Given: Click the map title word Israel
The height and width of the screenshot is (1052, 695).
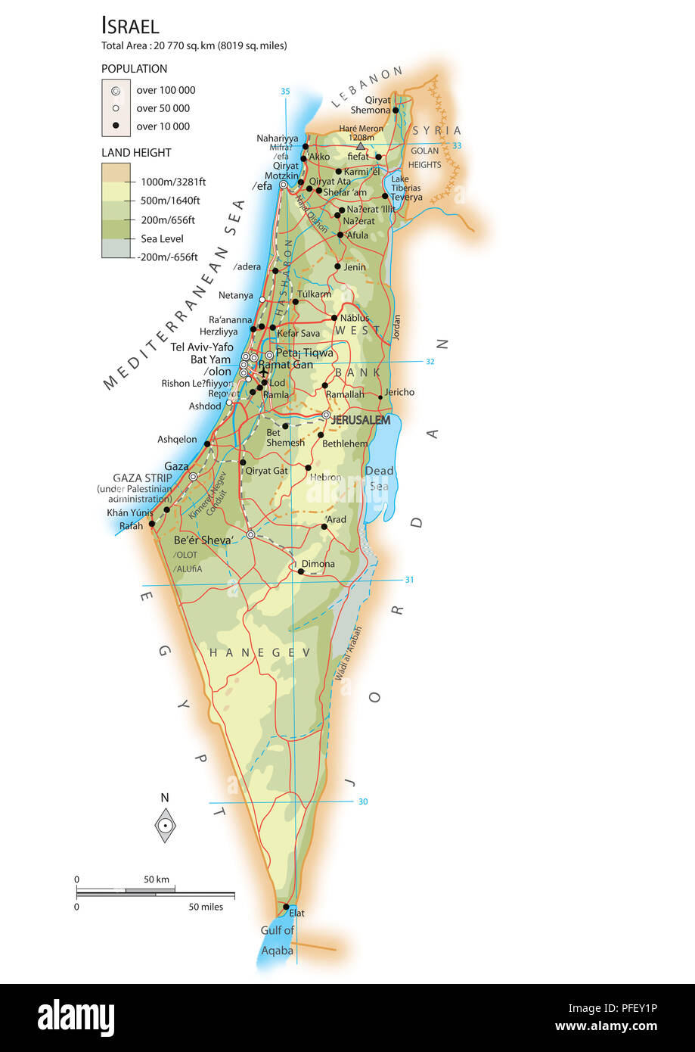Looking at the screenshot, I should (130, 26).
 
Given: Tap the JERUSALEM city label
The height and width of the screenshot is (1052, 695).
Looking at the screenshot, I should (361, 419).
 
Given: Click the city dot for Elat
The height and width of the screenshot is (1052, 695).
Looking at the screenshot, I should (286, 907).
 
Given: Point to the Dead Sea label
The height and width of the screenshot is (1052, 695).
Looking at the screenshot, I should (379, 478).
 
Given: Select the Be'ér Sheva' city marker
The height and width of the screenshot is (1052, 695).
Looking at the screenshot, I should (251, 534).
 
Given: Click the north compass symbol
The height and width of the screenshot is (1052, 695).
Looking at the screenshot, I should (165, 824).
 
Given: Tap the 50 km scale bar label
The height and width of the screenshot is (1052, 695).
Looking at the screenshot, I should (157, 879).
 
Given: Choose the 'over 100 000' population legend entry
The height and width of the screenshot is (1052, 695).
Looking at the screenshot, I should (166, 90).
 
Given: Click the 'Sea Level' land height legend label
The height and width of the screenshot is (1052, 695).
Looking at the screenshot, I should (162, 238).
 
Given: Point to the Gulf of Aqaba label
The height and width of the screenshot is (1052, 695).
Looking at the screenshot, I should (277, 940).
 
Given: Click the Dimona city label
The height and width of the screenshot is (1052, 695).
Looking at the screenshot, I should (318, 564).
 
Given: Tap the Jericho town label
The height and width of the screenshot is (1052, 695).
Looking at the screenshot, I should (399, 392).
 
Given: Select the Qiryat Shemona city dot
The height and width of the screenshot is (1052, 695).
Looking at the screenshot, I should (395, 110).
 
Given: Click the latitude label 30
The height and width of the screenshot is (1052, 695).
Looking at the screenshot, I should (363, 801).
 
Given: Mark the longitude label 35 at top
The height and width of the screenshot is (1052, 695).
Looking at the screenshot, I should (285, 92).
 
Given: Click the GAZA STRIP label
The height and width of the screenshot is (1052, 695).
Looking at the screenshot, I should (142, 478).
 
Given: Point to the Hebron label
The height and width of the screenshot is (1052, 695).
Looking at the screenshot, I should (325, 478).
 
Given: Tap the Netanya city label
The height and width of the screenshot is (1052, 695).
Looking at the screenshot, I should (235, 295).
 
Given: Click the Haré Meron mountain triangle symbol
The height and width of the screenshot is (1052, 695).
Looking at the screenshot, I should (360, 147).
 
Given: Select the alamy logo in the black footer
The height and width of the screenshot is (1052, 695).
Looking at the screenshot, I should (76, 1017).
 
